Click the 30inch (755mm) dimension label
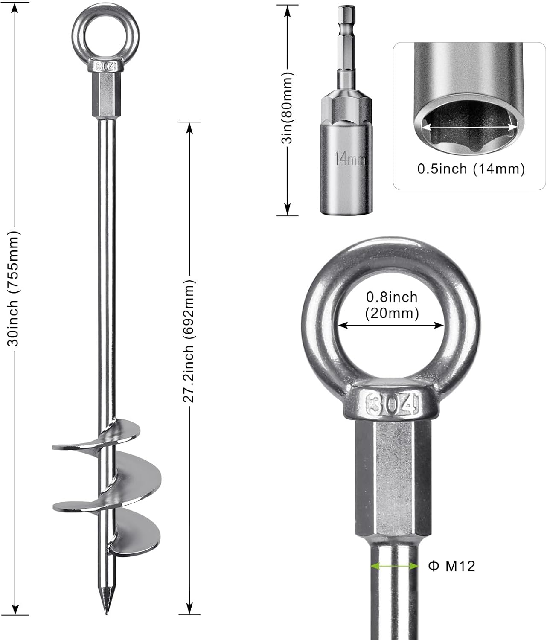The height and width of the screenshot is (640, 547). [15, 289]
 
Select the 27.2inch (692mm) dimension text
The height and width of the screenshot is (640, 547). [189, 341]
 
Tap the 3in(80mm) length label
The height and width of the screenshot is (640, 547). [288, 108]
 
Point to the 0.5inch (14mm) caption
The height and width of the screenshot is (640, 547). [471, 169]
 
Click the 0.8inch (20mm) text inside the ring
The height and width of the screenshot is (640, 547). [392, 305]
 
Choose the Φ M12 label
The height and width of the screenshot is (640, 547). [451, 566]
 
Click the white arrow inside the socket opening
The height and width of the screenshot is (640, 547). [469, 126]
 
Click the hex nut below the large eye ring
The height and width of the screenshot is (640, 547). [392, 478]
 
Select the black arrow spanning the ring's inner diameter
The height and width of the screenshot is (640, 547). [391, 326]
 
